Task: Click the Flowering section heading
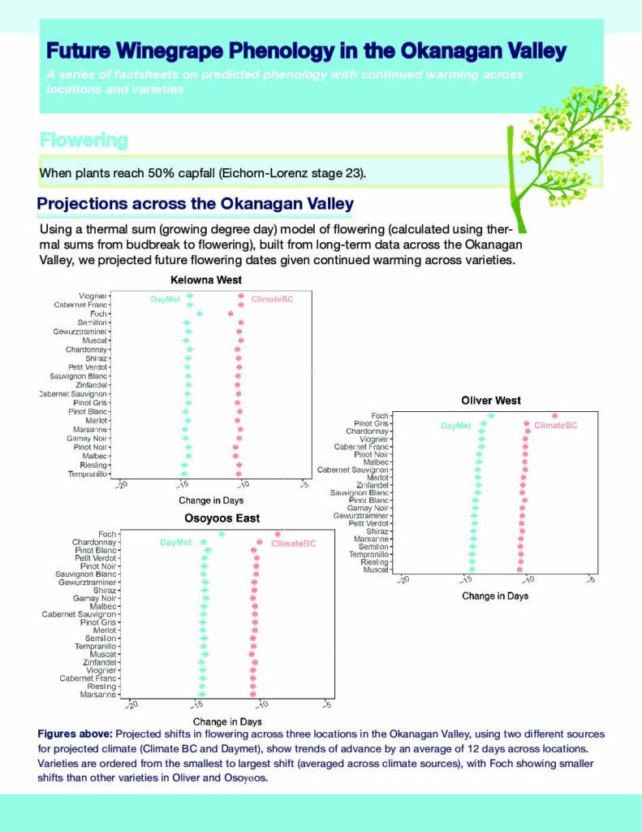84,140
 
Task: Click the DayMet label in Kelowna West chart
166,300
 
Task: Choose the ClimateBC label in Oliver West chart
556,426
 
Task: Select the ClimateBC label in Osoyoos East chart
293,544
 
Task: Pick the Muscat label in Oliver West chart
376,570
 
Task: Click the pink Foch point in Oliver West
554,416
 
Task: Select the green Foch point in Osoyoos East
222,534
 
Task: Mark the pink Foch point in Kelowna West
231,314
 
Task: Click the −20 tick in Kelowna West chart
122,486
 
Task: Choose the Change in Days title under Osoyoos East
227,721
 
